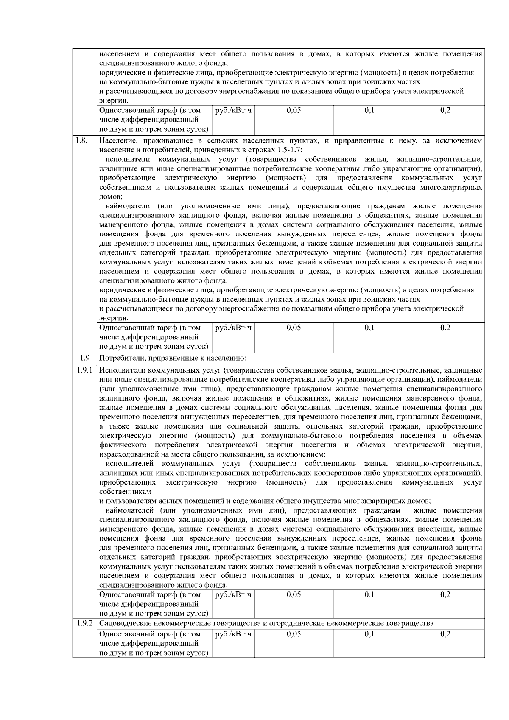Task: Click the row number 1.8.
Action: coord(81,140)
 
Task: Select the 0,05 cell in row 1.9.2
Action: coord(294,634)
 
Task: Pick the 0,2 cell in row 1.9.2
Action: coord(445,634)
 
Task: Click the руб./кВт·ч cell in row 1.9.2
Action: coord(233,634)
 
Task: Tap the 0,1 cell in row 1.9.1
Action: coord(369,595)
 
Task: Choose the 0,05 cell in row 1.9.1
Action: coord(294,595)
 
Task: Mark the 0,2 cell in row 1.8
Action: coord(445,328)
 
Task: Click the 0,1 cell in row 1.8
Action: coord(369,328)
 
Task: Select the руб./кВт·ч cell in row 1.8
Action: coord(233,328)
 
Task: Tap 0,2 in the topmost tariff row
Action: coord(445,110)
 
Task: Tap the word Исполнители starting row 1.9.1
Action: coord(120,370)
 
